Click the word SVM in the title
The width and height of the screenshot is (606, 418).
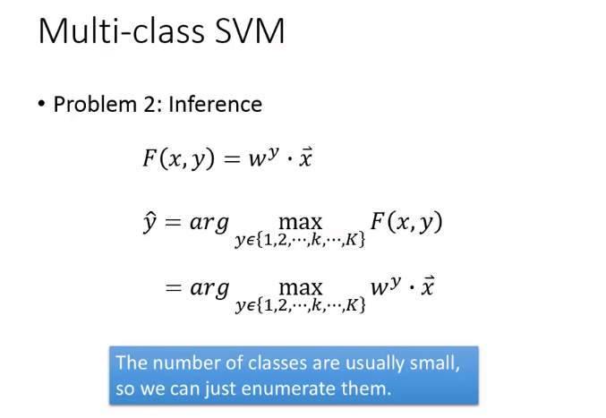point(250,31)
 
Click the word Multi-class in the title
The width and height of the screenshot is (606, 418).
point(122,31)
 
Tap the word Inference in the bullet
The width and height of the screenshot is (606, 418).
point(215,105)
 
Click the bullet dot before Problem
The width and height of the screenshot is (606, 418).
point(42,104)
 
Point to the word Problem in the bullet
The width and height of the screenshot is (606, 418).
point(96,105)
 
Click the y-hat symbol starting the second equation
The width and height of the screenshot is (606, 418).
point(149,222)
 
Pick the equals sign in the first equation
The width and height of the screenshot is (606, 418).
point(232,159)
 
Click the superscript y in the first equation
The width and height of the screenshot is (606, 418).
point(273,153)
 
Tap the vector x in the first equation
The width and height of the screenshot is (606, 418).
point(306,158)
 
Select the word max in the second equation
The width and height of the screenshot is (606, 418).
point(300,223)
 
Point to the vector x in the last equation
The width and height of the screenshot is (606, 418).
point(428,286)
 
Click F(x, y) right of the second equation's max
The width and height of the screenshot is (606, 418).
point(406,222)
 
